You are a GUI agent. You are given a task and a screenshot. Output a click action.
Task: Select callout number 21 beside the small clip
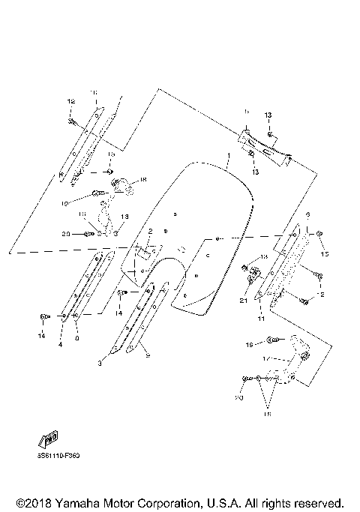coord(243,301)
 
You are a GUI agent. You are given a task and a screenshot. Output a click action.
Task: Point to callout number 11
coord(262,319)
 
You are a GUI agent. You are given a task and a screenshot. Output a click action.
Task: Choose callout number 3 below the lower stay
coord(98,363)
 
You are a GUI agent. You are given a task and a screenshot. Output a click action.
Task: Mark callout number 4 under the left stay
coord(61,345)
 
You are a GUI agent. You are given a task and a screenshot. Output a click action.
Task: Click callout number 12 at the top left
coord(71,101)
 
